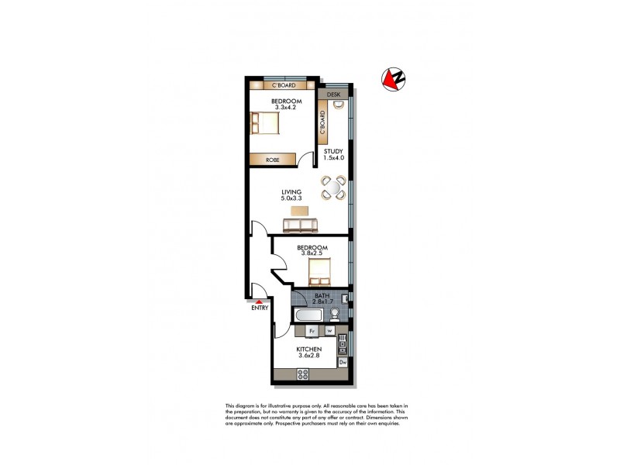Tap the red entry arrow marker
click(258, 302)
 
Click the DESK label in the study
click(334, 95)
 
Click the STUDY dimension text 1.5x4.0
click(334, 158)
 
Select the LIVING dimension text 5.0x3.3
click(291, 198)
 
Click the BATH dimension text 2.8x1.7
click(322, 301)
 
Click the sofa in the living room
click(300, 226)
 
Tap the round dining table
click(335, 188)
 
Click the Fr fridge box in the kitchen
click(312, 331)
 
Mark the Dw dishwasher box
click(343, 362)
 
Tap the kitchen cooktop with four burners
click(303, 375)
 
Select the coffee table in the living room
click(299, 211)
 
